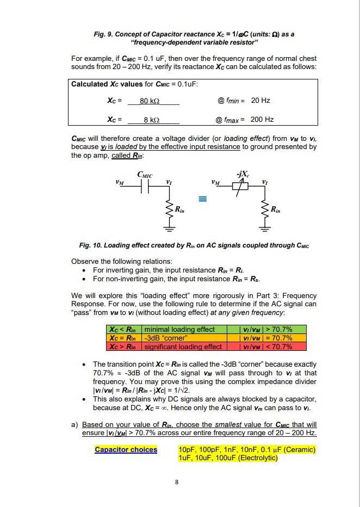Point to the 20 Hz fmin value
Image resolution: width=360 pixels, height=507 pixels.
(260, 101)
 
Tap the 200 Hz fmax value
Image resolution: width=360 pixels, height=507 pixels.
(262, 120)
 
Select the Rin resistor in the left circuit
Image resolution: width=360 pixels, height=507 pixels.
(167, 208)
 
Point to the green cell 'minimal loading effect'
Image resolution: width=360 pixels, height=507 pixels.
(179, 330)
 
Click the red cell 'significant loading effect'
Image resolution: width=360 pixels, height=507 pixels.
(183, 347)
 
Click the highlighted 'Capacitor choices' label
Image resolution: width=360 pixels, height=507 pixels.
(126, 449)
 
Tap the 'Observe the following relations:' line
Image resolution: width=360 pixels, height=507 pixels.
(120, 261)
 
